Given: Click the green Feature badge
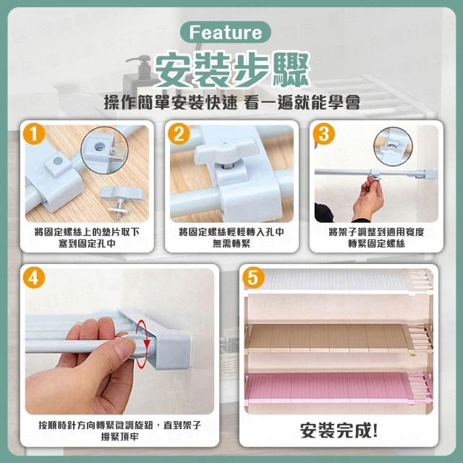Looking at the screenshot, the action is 225,32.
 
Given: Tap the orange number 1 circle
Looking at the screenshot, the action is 34,134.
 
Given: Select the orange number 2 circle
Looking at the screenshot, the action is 179,134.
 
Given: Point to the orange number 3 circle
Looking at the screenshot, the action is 323,134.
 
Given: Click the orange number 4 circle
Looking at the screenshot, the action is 34,278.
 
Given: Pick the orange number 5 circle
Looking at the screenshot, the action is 253,278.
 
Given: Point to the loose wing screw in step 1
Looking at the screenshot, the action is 121,201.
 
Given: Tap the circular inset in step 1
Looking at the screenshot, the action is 104,150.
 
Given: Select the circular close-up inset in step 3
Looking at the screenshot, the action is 393,146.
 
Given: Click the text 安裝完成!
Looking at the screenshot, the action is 339,430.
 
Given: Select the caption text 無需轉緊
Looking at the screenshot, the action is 231,244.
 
